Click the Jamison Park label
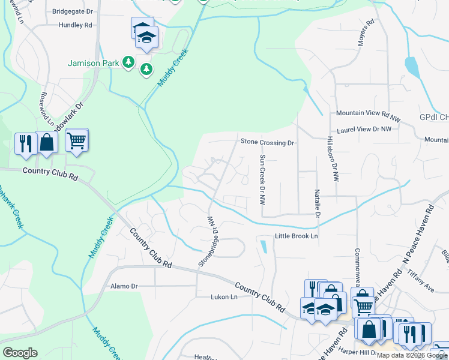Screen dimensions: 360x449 pos(93,62)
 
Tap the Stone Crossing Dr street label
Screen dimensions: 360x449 pos(268,143)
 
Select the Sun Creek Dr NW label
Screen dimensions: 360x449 pos(262,180)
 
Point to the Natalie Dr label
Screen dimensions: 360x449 pos(317,204)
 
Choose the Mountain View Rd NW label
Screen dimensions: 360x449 pos(368,113)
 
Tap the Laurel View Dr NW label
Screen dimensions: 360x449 pos(369,129)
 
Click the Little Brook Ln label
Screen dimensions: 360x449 pos(295,236)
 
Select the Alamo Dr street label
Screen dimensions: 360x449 pos(124,286)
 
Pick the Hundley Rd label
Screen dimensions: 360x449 pos(75,25)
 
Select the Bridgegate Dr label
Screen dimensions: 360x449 pos(73,11)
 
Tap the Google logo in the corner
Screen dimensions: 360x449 pos(20,353)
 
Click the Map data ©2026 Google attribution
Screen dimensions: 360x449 pos(412,355)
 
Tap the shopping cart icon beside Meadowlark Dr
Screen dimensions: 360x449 pos(77,141)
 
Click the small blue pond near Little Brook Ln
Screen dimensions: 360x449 pos(263,246)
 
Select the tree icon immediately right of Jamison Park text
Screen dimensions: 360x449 pos(128,62)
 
